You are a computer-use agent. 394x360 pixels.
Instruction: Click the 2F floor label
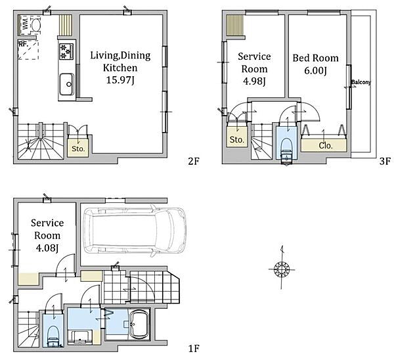190,161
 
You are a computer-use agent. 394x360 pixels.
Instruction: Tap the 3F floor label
385,161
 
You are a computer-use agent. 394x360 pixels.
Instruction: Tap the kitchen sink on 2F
66,83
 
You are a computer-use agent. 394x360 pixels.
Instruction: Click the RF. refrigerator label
22,44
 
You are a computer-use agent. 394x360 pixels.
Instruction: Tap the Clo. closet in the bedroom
325,145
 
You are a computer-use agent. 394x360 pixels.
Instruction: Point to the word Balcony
361,82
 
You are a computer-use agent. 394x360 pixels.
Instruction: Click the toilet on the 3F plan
286,149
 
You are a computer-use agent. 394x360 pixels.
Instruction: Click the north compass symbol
282,268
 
